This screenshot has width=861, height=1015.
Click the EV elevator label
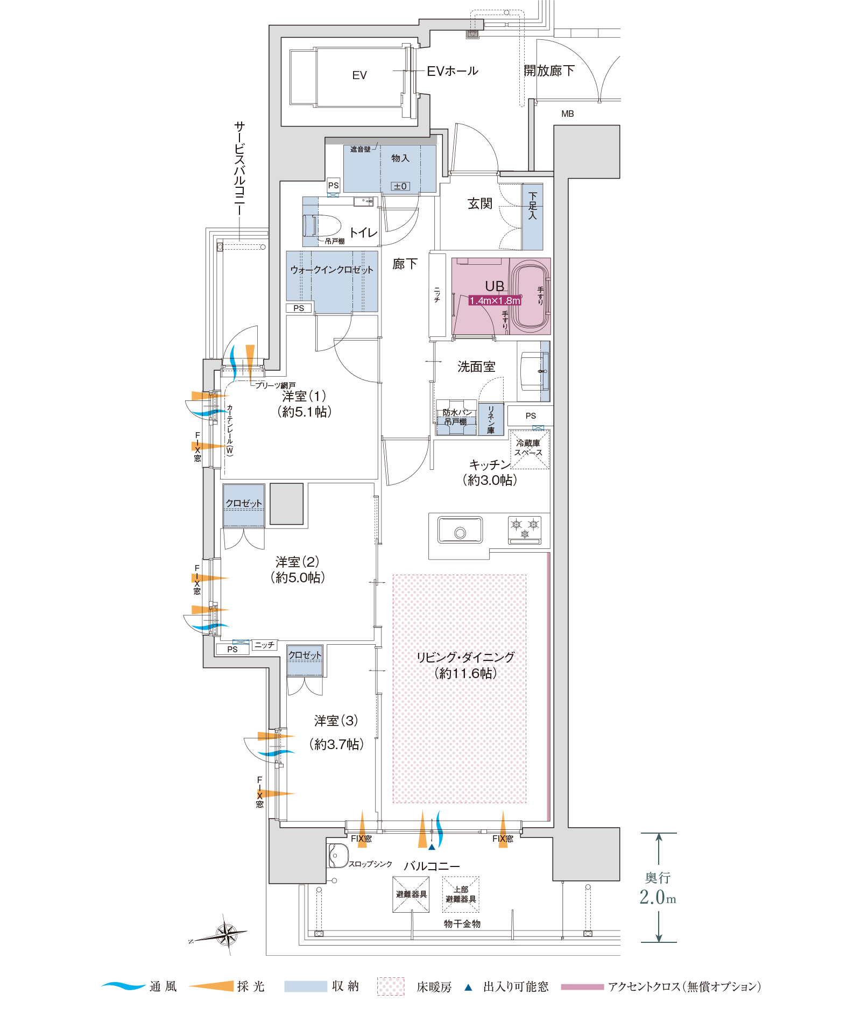pos(359,75)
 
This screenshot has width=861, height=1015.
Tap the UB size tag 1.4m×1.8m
pos(495,300)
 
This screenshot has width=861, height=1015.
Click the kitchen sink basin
pos(460,530)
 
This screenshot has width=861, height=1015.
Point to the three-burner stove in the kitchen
pos(525,530)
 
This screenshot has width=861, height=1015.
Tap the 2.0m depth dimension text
pos(658,897)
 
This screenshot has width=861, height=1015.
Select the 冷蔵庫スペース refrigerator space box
pos(530,449)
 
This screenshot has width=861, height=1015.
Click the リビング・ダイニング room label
pos(465,657)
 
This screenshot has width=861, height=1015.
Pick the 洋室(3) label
pos(336,721)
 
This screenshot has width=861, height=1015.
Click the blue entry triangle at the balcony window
pos(432,847)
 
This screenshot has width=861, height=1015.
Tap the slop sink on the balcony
pos(337,855)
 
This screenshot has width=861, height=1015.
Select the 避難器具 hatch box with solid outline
pos(411,894)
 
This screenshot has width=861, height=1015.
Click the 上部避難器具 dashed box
pos(461,894)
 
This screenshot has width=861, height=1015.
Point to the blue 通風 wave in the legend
pos(123,986)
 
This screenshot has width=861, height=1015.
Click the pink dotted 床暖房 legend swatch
pos(391,986)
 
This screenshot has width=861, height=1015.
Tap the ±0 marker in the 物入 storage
pos(400,186)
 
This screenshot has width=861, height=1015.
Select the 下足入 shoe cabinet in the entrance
pos(533,217)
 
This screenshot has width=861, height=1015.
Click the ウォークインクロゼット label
pos(331,270)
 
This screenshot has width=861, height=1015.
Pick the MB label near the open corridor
pos(568,114)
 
